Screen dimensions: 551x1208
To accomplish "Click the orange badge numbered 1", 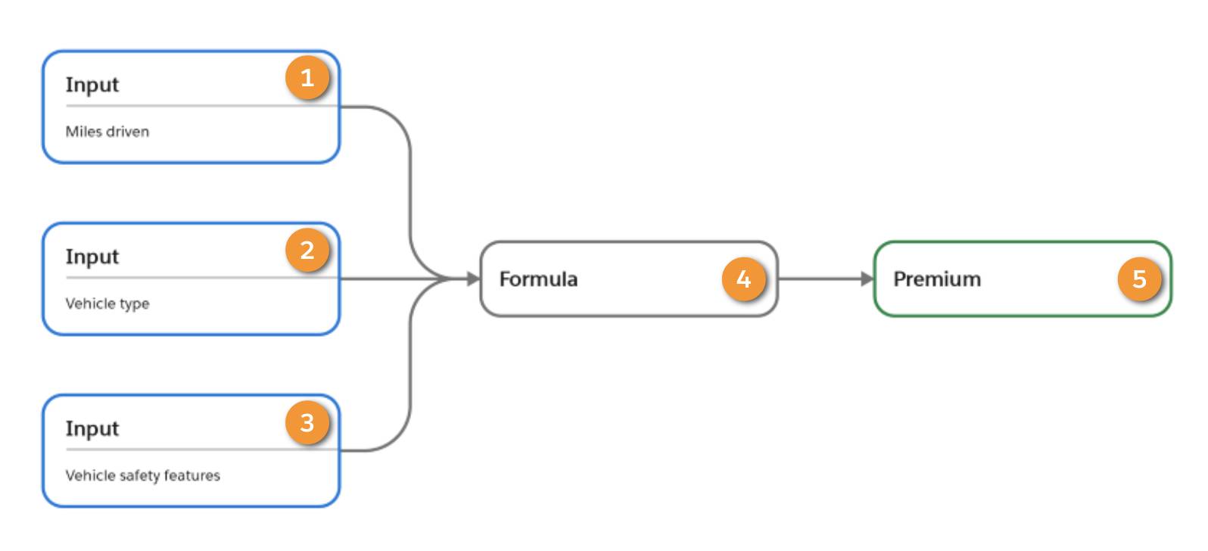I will click(307, 78).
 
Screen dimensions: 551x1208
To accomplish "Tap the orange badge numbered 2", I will click(307, 250).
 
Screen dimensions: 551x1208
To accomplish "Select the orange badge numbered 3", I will click(307, 422).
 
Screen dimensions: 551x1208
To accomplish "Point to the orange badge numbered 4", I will click(743, 279).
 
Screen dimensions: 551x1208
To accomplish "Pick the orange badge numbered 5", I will click(1139, 279).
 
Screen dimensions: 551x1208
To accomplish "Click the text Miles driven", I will click(107, 132).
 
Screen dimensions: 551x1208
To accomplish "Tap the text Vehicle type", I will click(107, 304).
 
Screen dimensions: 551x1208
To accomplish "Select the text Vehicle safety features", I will click(142, 475).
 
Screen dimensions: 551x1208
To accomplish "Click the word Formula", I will click(538, 279).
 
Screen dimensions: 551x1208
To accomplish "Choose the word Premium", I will click(937, 279).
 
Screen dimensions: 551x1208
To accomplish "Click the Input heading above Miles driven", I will click(92, 85).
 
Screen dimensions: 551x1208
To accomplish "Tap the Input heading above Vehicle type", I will click(92, 257).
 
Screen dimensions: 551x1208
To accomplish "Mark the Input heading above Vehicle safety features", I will click(92, 428).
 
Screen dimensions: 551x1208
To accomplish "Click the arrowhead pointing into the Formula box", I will click(474, 279).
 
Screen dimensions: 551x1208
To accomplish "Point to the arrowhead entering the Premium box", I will click(867, 279).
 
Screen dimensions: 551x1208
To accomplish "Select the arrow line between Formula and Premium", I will click(821, 279).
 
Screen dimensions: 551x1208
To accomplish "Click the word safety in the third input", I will click(140, 475).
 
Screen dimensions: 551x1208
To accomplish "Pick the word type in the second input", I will click(135, 304).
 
